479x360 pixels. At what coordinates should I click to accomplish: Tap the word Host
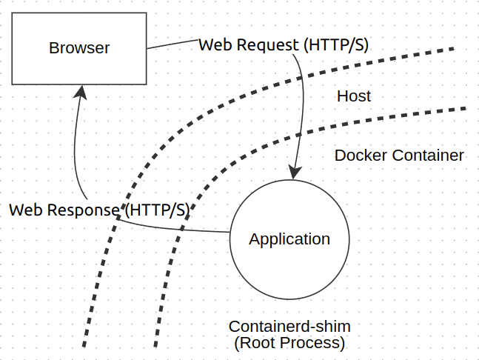coord(354,96)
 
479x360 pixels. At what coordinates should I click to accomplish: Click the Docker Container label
coord(399,156)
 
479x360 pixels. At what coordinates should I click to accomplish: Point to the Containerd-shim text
coord(289,327)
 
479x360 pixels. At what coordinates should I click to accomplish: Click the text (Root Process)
coord(289,343)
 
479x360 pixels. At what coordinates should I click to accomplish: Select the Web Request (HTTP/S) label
coord(284,44)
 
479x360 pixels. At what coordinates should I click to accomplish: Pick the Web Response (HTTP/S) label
coord(98,210)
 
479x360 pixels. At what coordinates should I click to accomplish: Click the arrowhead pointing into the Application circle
coord(295,173)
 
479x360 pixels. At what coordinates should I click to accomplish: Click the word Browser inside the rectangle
coord(79,48)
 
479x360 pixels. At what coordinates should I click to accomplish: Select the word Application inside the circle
coord(289,239)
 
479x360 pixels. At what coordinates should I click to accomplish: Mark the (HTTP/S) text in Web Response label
coord(156,210)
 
